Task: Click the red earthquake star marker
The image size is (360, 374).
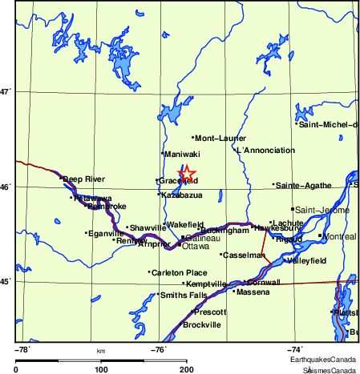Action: pyautogui.click(x=186, y=174)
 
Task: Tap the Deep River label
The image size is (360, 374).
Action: pyautogui.click(x=84, y=179)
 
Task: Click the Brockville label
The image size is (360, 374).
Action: pyautogui.click(x=202, y=324)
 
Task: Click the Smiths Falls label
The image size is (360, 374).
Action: pyautogui.click(x=184, y=295)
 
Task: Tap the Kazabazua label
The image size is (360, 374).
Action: pyautogui.click(x=181, y=195)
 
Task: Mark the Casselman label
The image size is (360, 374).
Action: pyautogui.click(x=244, y=255)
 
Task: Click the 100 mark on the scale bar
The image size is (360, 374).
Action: pyautogui.click(x=101, y=369)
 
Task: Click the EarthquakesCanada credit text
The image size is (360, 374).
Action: pyautogui.click(x=330, y=360)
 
